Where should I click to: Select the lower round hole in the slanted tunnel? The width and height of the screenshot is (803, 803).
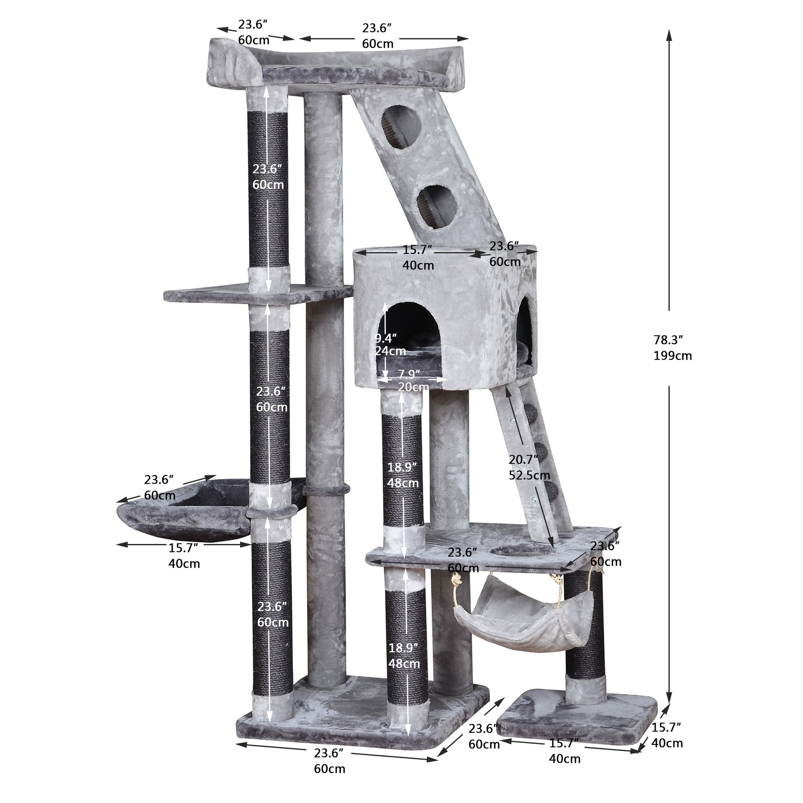[435, 207]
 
